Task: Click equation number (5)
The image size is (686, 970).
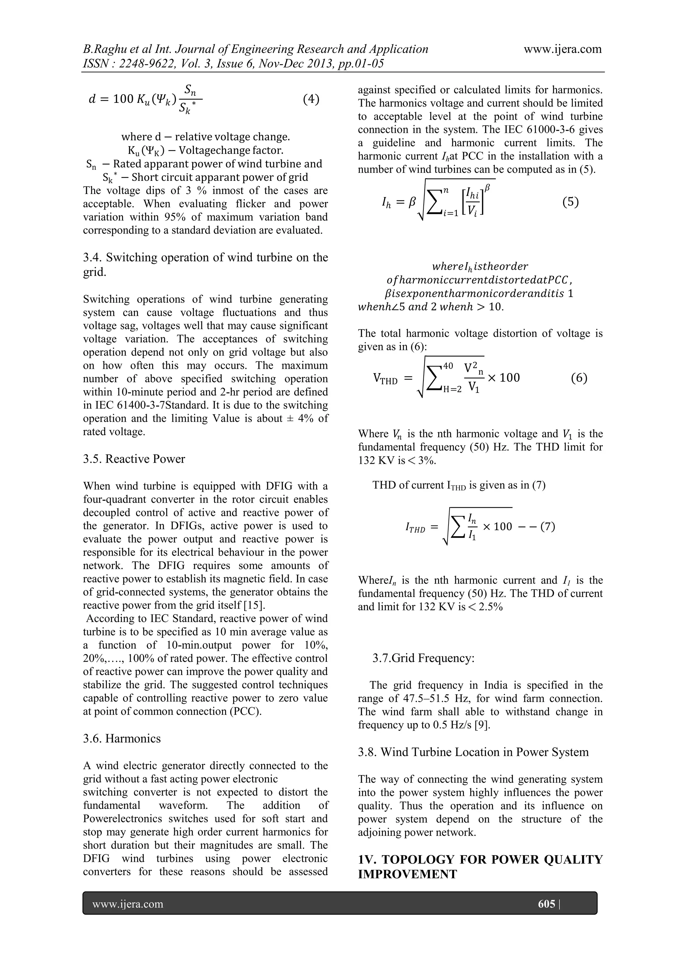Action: [570, 202]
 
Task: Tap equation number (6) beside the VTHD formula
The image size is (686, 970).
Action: [579, 378]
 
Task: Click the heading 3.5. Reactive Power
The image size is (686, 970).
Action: [134, 459]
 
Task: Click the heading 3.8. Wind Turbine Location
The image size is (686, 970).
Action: [473, 752]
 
